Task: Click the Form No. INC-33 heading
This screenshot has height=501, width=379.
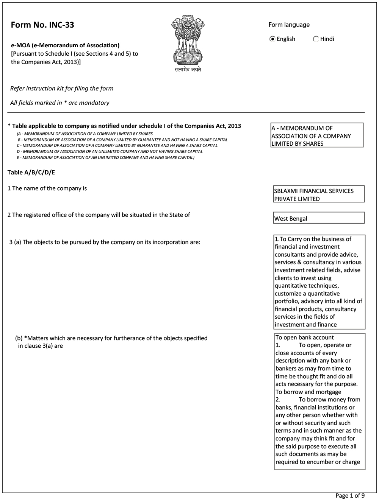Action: (x=42, y=25)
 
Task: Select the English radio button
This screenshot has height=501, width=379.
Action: (x=272, y=39)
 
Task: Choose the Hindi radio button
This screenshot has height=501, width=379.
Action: (x=316, y=39)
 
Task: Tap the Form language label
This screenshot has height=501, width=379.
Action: (x=289, y=25)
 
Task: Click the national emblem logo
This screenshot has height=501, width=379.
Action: (x=187, y=39)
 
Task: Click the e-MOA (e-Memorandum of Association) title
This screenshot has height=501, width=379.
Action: (x=65, y=45)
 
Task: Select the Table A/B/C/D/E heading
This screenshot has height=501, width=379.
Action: (x=31, y=173)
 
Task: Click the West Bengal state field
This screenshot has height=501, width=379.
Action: (x=318, y=218)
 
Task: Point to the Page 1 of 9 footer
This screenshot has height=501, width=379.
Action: (x=350, y=496)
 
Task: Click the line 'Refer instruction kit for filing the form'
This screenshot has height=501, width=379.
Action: (x=62, y=89)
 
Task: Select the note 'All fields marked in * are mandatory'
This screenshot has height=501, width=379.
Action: (x=60, y=103)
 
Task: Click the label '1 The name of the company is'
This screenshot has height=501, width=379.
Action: (x=47, y=188)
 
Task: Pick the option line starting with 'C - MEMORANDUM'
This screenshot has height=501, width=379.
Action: (x=117, y=145)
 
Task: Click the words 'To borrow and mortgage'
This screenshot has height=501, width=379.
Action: (x=308, y=392)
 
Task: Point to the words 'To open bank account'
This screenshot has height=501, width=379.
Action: (x=304, y=337)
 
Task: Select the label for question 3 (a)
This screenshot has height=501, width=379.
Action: (x=105, y=242)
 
